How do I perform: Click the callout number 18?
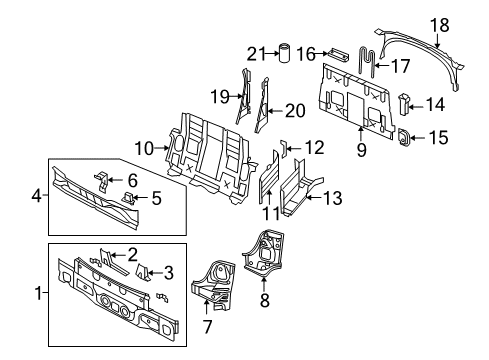(440, 25)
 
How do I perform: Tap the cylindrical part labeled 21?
(284, 52)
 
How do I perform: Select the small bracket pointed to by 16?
(338, 55)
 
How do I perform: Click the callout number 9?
(362, 150)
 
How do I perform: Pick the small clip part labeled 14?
(405, 104)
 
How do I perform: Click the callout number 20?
(295, 111)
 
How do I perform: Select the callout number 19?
(220, 97)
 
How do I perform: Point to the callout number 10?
(144, 148)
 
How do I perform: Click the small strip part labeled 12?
(284, 149)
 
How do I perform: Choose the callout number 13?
(333, 198)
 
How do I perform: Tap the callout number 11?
(272, 213)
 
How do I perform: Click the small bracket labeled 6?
(102, 182)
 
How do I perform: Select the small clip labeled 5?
(129, 198)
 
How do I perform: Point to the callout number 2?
(132, 255)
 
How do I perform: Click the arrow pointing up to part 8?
(264, 285)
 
